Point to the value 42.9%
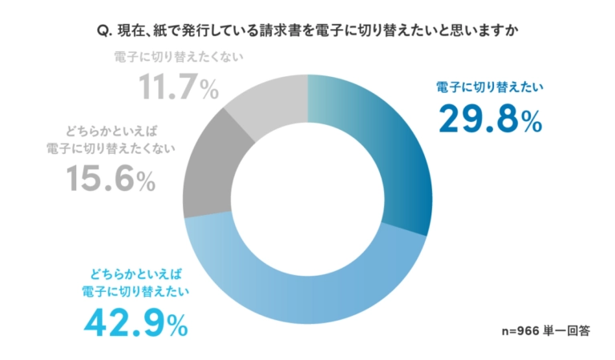coord(136,323)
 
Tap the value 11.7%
coord(178,87)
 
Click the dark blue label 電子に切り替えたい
coord(490,87)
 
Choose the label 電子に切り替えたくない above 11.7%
coord(178,58)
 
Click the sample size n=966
coord(519,330)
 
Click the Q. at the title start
coord(102,31)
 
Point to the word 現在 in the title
coord(129,31)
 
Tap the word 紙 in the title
coord(161,31)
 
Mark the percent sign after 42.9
coord(177,326)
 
